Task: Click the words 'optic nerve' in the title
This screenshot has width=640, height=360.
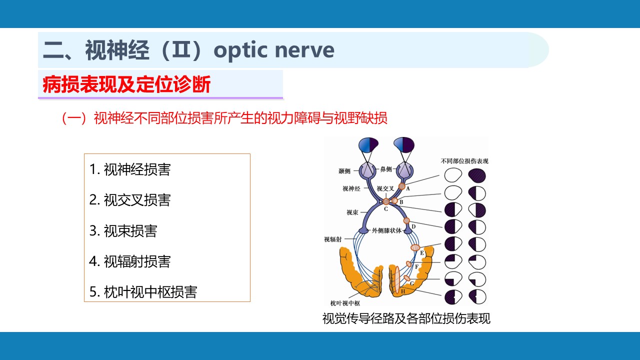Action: tap(274, 50)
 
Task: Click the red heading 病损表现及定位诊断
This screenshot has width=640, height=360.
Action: tap(127, 85)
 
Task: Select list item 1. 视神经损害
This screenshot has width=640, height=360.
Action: tap(130, 169)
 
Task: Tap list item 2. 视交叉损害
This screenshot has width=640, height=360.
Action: tap(130, 200)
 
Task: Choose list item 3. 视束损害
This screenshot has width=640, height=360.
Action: tap(123, 230)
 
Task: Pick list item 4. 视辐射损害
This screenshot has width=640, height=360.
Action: tap(130, 261)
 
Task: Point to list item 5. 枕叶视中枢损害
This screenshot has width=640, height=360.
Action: tap(143, 292)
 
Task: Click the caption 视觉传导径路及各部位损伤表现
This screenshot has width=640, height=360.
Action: tap(406, 318)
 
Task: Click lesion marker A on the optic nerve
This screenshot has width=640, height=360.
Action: tap(401, 186)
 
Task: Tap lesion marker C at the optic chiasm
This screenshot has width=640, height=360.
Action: tap(386, 201)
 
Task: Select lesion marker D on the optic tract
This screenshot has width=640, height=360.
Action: tap(406, 220)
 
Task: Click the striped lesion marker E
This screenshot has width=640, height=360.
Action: tap(415, 247)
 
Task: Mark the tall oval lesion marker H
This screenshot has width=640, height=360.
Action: tap(396, 280)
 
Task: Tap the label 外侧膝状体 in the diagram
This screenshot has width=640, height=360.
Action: tap(386, 230)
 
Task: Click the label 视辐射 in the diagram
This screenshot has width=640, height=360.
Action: tap(332, 239)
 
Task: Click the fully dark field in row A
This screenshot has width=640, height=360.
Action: tap(477, 175)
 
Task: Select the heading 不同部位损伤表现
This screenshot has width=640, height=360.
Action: tap(464, 161)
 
